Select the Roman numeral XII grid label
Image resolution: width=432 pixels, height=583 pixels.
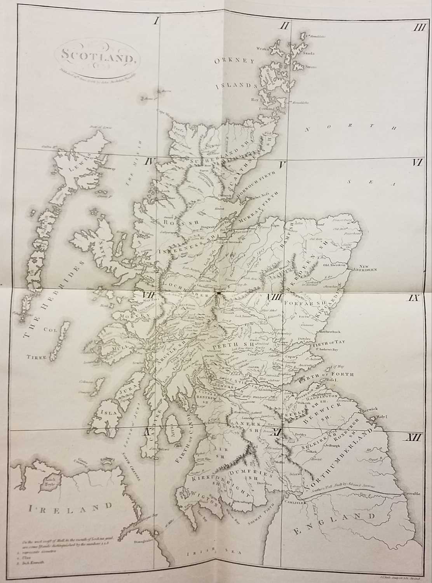(413, 438)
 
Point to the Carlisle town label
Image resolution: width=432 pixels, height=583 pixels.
(297, 502)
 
